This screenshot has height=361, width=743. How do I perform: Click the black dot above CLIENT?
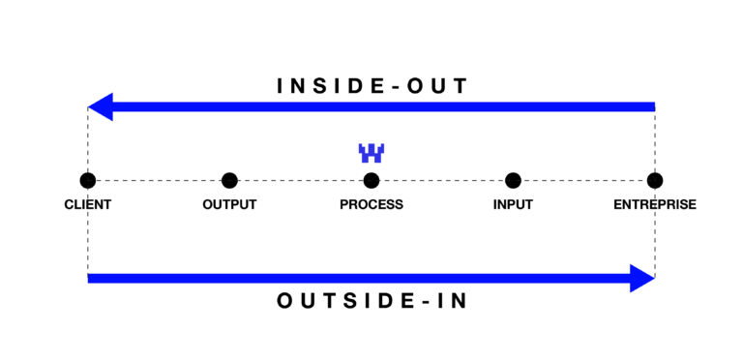click(88, 180)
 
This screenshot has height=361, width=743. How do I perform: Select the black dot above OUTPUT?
click(229, 180)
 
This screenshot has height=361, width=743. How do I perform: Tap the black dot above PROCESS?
click(371, 180)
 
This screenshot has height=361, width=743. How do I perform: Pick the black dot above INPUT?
click(513, 180)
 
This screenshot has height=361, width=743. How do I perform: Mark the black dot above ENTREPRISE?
click(655, 180)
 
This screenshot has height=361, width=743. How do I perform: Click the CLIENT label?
click(88, 205)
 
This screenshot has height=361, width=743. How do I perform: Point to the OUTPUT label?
click(229, 205)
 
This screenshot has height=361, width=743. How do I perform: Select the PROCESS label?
click(371, 205)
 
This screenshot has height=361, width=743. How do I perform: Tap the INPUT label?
click(513, 205)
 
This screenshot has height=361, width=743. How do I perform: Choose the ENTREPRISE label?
click(655, 205)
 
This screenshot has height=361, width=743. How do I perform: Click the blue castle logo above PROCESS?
click(371, 152)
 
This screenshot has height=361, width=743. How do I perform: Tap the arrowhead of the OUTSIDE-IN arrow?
click(642, 278)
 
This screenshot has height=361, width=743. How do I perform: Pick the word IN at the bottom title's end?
click(454, 301)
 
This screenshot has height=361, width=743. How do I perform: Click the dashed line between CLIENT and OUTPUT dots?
click(159, 180)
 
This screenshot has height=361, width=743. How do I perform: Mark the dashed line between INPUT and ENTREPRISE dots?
click(584, 180)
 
